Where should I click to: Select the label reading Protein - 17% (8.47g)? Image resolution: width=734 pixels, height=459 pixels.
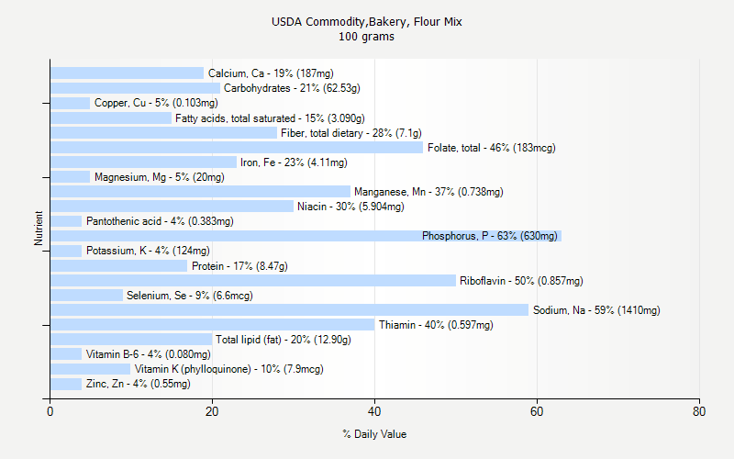pyautogui.click(x=239, y=266)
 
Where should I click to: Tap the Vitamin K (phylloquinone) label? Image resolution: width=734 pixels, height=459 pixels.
pyautogui.click(x=228, y=369)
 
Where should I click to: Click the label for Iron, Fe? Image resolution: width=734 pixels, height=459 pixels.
pyautogui.click(x=294, y=162)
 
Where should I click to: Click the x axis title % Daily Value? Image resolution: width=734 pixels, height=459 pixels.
pyautogui.click(x=374, y=434)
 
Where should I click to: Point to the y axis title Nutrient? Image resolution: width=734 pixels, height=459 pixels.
pyautogui.click(x=39, y=229)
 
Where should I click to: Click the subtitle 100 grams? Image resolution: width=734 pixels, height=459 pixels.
pyautogui.click(x=367, y=37)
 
